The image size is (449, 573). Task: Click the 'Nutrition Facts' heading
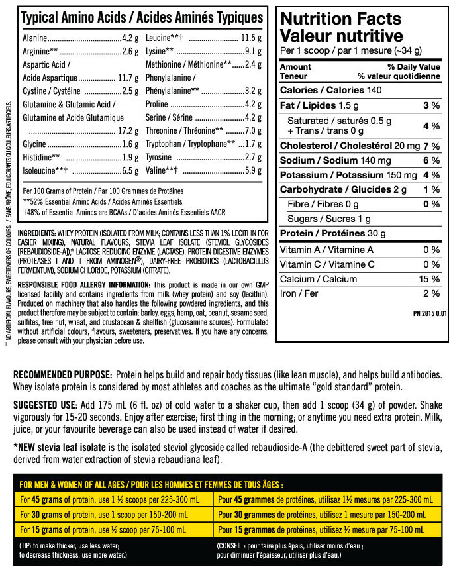[x=340, y=19]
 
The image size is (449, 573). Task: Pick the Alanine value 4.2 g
[x=130, y=38]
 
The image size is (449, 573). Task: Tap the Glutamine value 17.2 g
[x=128, y=130]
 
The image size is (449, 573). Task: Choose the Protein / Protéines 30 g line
[x=332, y=233]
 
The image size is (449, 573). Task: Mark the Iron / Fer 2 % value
[x=432, y=293]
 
